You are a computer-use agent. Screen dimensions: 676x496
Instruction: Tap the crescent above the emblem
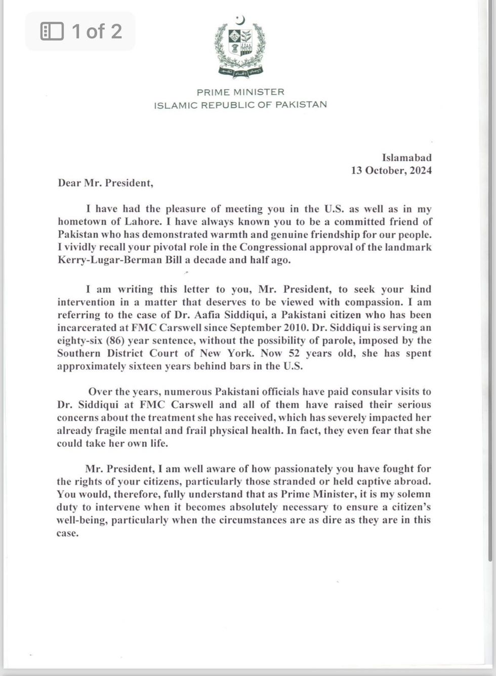(241, 20)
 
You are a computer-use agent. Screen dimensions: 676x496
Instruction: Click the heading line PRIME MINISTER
(240, 92)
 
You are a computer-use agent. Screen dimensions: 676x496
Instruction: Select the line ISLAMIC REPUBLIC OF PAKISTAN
(240, 105)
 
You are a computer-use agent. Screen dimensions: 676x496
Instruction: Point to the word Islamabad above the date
(406, 158)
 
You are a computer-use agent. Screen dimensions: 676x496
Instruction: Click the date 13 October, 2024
(391, 171)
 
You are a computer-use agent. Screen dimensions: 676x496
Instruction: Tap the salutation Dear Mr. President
(105, 183)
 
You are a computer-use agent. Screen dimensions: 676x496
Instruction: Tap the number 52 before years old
(294, 353)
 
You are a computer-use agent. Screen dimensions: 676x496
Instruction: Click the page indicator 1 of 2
(97, 31)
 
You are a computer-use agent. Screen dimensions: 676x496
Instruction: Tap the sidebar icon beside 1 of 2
(52, 31)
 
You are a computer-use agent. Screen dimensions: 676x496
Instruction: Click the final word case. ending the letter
(68, 533)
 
